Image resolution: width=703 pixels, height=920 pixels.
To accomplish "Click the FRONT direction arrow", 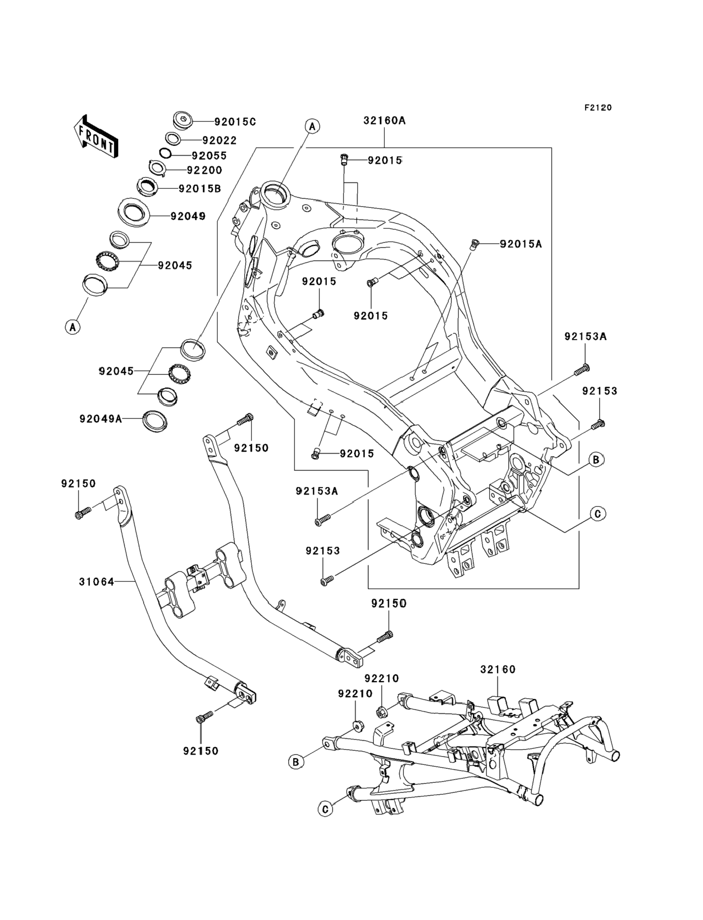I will pos(96,137).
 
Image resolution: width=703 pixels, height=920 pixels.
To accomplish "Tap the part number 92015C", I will pos(235,122).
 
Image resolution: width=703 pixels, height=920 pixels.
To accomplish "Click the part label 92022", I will pos(219,141).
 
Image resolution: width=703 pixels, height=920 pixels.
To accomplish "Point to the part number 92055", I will pos(209,155).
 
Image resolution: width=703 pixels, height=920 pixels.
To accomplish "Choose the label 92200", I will pos(204,170).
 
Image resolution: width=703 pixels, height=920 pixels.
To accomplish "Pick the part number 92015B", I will pos(200,189).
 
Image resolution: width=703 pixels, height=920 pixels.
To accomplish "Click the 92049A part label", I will pos(101,419).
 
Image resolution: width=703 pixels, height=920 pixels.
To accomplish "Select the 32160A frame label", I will pos(384,121).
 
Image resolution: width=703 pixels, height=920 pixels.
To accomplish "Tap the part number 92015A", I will pos(521,244).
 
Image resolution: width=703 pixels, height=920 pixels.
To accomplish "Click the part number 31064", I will pos(97,582).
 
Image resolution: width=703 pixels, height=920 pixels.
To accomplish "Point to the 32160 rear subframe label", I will pos(498,670).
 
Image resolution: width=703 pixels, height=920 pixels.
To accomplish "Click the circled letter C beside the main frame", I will pos(597,513).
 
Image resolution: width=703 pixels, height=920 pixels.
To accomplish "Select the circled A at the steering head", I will pos(312,126).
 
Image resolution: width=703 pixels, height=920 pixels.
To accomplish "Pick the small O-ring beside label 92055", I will pos(166,153).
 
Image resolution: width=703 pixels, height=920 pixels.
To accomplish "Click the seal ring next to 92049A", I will pos(154,421).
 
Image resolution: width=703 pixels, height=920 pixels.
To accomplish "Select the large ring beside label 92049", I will pos(134,214).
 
